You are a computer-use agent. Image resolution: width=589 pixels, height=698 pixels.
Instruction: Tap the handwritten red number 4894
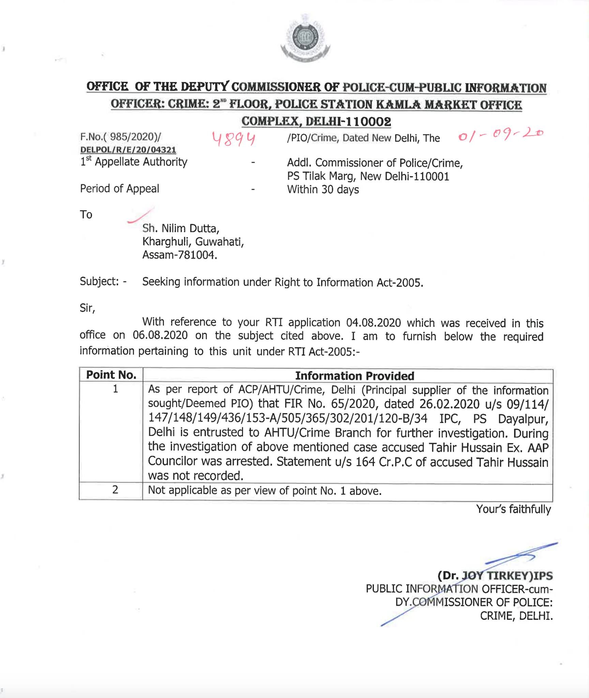point(234,139)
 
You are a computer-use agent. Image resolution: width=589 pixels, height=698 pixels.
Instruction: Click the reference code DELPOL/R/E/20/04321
point(128,150)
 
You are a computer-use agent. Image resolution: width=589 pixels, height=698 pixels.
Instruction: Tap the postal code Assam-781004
point(180,255)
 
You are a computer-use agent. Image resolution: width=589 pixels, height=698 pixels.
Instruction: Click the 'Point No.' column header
point(111,375)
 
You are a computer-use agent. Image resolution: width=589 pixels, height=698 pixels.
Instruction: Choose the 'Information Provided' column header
point(354,376)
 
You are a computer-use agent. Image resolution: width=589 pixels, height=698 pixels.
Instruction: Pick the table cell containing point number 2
point(115,490)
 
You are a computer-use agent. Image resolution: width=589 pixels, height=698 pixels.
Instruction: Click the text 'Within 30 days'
point(323,189)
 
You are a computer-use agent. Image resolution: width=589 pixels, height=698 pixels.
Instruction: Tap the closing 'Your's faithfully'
point(513,509)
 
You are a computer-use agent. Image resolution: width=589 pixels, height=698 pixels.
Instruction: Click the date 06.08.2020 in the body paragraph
point(160,335)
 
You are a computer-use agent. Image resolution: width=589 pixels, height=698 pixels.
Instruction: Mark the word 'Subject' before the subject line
point(99,282)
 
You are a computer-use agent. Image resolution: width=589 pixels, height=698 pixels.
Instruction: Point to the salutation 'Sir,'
point(87,308)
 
